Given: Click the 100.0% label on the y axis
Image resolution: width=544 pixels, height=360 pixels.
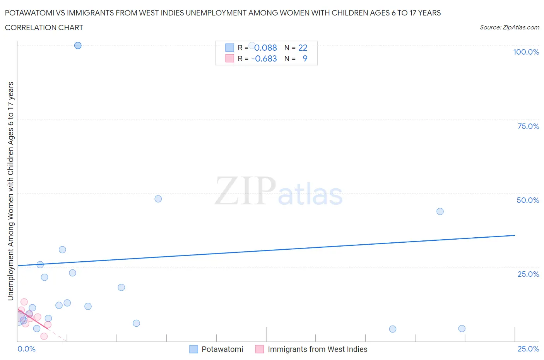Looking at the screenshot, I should tap(526, 52).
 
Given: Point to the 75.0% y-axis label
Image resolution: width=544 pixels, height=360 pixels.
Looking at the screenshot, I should tap(528, 126).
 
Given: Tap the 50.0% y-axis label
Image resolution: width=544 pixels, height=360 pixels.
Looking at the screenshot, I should tap(528, 200).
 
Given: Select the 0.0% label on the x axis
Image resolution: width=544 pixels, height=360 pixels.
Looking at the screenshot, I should tap(27, 349).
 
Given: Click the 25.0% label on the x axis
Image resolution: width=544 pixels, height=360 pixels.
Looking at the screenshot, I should tap(528, 349).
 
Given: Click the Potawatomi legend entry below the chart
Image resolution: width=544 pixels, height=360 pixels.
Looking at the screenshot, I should tap(222, 349).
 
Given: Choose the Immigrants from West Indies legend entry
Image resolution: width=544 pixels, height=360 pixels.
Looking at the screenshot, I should tap(317, 349).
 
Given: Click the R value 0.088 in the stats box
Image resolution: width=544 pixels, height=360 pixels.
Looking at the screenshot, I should tap(265, 48).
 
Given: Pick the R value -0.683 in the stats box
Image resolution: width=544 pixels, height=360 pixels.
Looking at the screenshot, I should tap(264, 58).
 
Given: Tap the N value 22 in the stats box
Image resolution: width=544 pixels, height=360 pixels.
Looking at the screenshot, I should tap(303, 48).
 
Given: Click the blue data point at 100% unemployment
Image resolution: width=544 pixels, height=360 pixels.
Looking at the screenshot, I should tap(78, 45).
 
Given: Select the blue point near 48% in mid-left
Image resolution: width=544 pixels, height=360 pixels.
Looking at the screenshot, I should tap(158, 199).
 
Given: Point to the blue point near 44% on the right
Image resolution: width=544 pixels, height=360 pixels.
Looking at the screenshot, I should tap(440, 211).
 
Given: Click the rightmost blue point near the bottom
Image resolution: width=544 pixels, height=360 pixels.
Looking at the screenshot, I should tap(462, 329).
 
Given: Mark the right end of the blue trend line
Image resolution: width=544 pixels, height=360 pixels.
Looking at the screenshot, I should tap(515, 235).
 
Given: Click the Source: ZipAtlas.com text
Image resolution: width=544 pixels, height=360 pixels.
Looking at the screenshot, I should tap(509, 27).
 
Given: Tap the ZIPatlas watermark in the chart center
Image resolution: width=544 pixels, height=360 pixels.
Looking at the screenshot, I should tap(279, 191).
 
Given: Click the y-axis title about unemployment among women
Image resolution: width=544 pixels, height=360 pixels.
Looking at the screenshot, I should tap(10, 191).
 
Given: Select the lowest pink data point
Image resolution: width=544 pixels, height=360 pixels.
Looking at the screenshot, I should tap(44, 336).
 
